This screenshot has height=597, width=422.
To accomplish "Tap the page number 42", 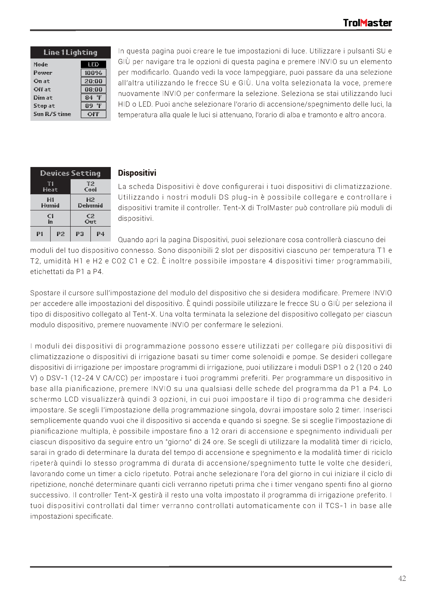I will coord(402,578).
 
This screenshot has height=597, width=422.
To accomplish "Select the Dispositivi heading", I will coord(137,173).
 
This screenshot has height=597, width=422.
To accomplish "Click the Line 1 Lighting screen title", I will coord(70,53).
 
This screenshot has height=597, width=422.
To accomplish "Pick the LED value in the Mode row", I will coord(93,64).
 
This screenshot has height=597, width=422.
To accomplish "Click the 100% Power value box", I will coord(93,73).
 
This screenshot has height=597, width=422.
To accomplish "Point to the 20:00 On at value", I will coord(93,81).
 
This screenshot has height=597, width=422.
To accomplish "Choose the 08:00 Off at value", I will coord(93,89).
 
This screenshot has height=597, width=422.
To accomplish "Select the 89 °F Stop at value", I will coord(93,106).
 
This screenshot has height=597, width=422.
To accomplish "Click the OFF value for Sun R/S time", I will coord(93,114).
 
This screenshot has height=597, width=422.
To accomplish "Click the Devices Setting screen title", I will coord(70,173).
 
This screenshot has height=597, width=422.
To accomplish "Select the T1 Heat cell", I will coord(50,187).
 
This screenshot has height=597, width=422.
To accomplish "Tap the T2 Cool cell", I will coord(90,187).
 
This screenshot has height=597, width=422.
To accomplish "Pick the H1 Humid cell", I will coord(50,203).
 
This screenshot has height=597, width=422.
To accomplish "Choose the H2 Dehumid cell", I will coord(90,203).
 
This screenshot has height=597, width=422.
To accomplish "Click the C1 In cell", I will coord(50,219).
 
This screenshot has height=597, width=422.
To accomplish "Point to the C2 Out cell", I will coord(90,219).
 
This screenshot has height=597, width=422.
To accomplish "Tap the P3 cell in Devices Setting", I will coord(80,234).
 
